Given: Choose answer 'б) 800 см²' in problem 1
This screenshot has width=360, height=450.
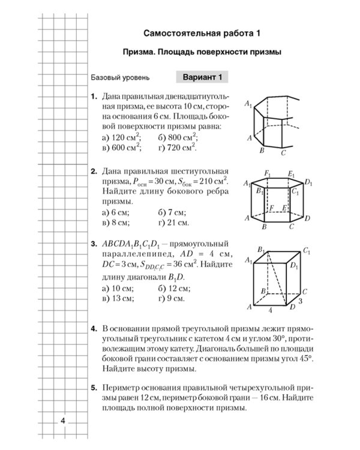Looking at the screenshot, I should pyautogui.click(x=178, y=137).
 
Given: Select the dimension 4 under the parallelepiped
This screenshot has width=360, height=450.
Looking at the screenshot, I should pyautogui.click(x=270, y=311).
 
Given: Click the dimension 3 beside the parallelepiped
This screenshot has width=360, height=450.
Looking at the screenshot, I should pyautogui.click(x=300, y=301).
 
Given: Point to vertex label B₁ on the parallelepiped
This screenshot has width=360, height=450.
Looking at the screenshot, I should pyautogui.click(x=261, y=249).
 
